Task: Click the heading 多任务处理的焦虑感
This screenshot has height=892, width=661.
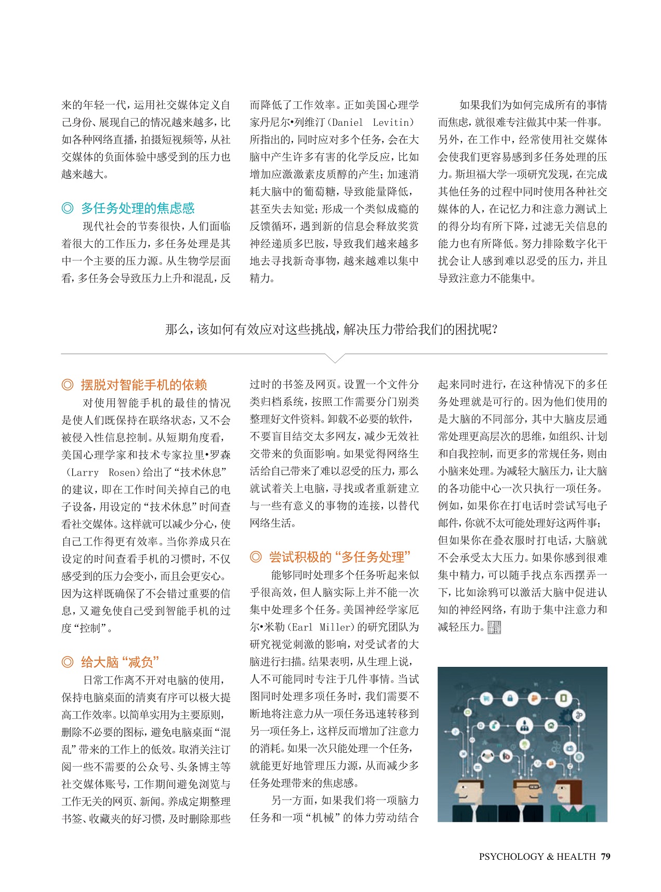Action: [138, 208]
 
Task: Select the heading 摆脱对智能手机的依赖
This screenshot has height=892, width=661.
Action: [144, 385]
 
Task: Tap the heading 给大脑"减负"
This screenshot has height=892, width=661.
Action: [120, 662]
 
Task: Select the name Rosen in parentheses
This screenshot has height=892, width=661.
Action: [121, 473]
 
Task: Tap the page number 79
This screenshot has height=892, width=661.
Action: [605, 857]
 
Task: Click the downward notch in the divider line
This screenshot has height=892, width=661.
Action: [335, 358]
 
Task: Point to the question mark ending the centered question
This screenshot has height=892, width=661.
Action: [494, 330]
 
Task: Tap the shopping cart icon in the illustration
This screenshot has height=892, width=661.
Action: [487, 699]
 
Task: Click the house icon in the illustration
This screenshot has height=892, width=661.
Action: [550, 726]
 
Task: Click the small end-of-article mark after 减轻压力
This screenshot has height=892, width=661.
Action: [494, 627]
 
